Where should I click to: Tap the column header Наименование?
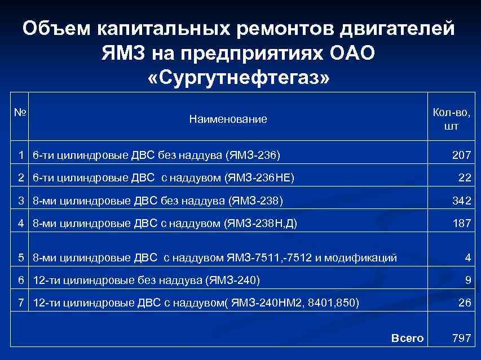[x=228, y=119]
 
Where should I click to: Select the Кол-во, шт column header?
[x=451, y=119]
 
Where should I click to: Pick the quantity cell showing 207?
[x=461, y=154]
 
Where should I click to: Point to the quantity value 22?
[x=465, y=177]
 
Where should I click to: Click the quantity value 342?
[x=461, y=201]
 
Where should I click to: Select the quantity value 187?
[x=461, y=223]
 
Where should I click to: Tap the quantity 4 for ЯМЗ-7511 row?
[x=467, y=257]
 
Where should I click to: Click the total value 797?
[x=461, y=338]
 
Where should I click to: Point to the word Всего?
[x=407, y=338]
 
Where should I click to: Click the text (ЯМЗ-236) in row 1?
[x=253, y=154]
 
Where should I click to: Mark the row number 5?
[x=21, y=257]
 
